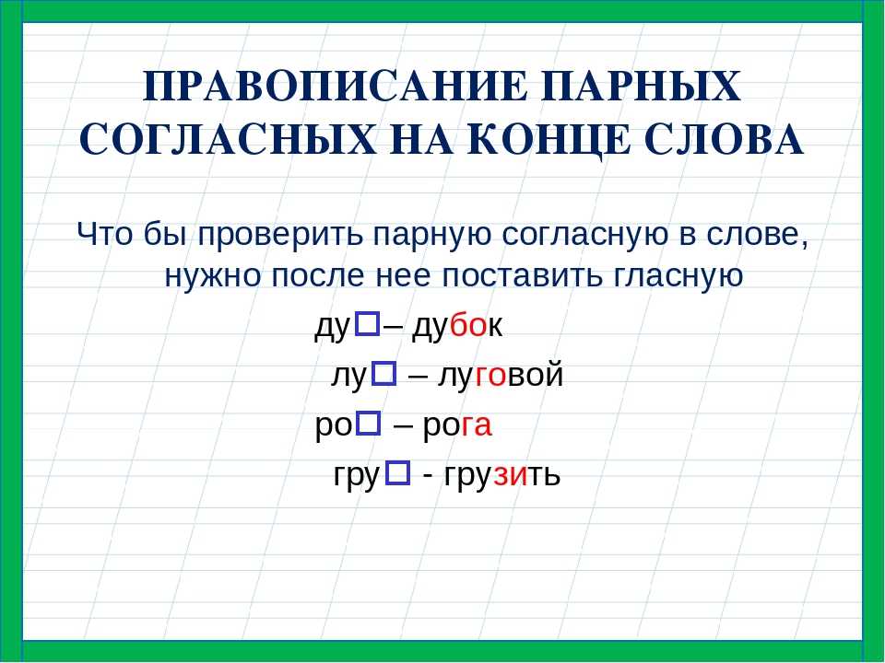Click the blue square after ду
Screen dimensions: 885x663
coord(368,324)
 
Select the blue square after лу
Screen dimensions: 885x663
coord(384,374)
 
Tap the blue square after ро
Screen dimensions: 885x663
coord(369,424)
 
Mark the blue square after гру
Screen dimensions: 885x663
coord(398,473)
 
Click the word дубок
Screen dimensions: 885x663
coord(457,327)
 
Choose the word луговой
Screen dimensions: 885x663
coord(501,376)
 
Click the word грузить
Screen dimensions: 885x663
coord(502,476)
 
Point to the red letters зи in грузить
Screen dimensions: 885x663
coord(511,475)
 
